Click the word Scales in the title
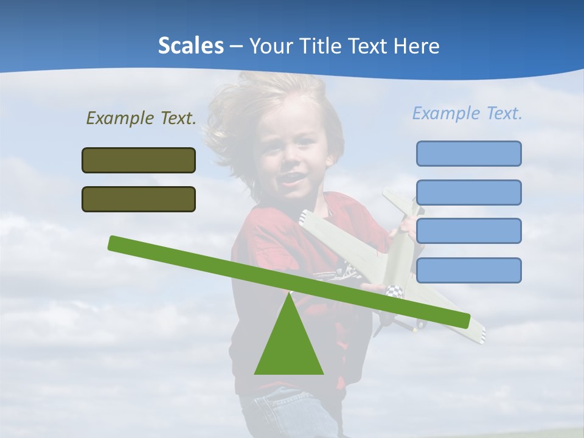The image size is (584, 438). tap(190, 46)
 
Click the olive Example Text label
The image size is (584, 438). tap(141, 118)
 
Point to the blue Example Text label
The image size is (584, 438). tap(467, 113)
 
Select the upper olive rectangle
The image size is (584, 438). tap(139, 160)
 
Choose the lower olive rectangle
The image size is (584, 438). tap(139, 199)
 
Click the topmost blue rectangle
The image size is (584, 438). tap(468, 153)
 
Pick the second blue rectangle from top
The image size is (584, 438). tap(468, 192)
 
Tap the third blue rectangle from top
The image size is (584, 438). tap(468, 231)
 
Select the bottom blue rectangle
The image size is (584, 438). tap(468, 270)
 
